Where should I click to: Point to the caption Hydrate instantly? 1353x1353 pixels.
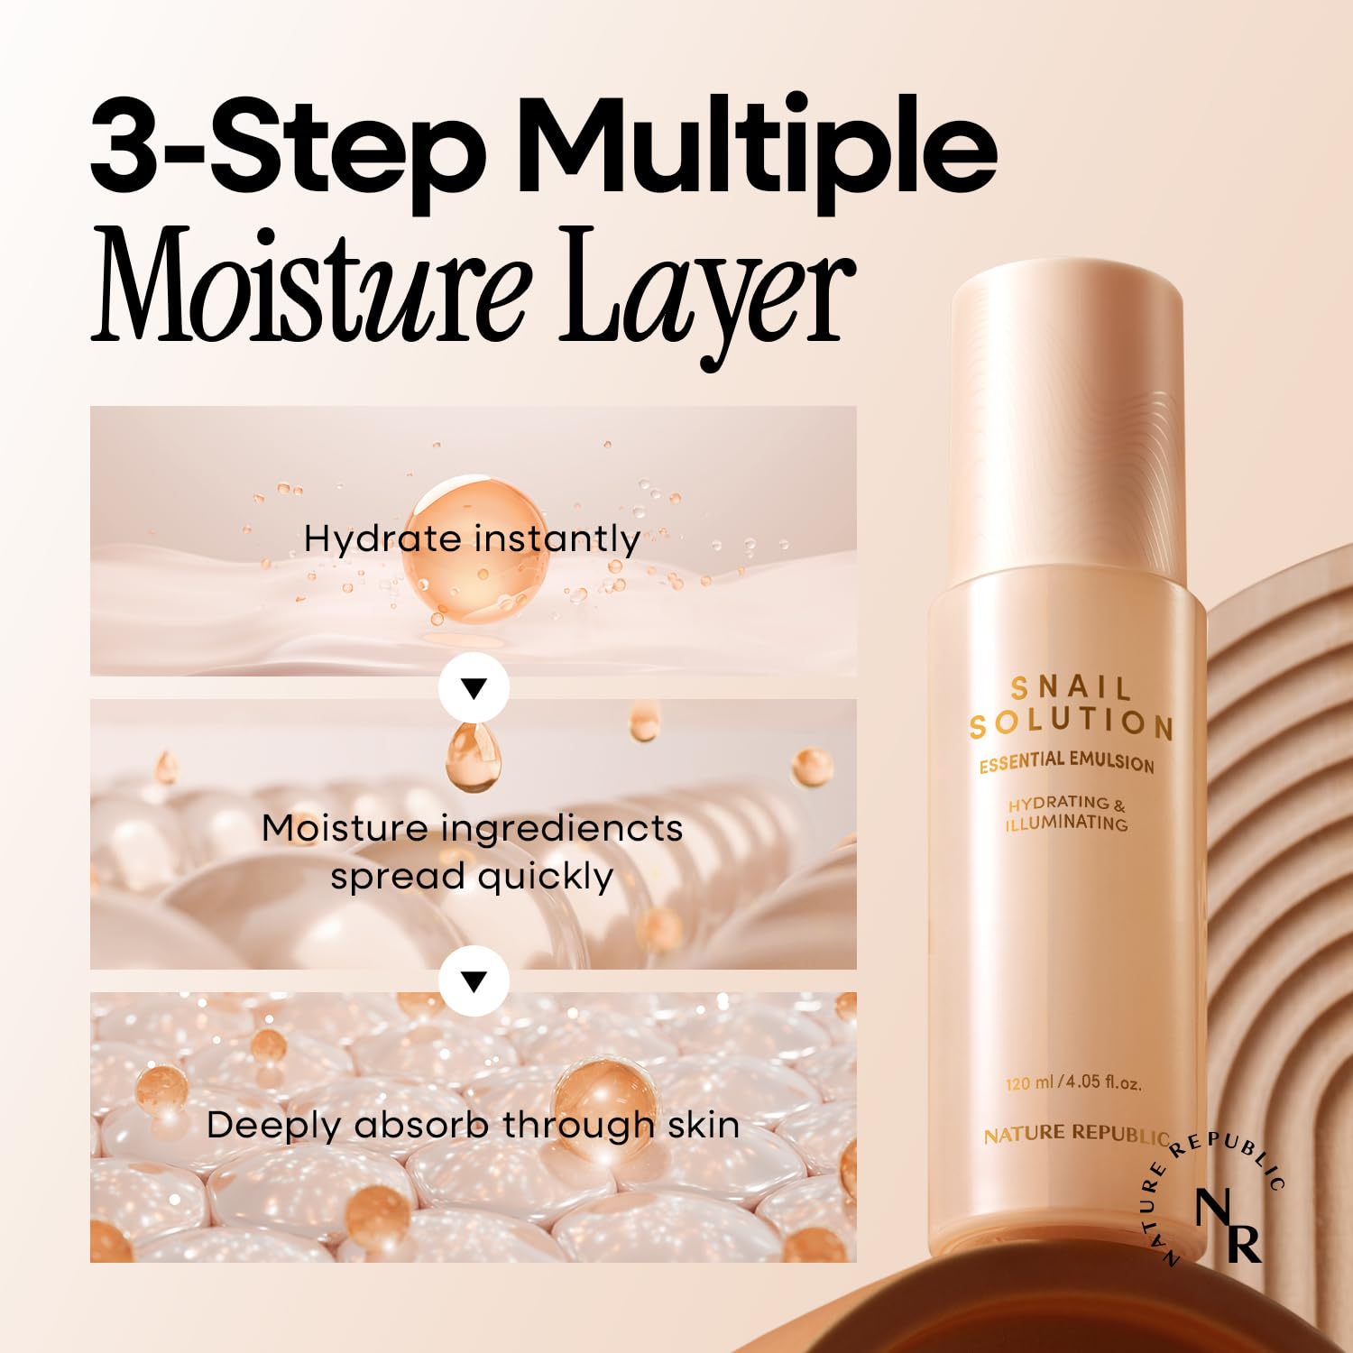click(472, 539)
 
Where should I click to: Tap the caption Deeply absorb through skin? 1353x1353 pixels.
click(473, 1125)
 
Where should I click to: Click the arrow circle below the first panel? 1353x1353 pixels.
click(474, 688)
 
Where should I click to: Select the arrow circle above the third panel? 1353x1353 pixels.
click(474, 980)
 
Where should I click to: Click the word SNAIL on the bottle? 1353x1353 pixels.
click(1071, 688)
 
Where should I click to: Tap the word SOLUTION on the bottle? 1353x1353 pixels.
click(1071, 723)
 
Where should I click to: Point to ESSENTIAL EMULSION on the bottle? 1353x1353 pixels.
click(1066, 762)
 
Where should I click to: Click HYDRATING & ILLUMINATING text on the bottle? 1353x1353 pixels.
click(1067, 813)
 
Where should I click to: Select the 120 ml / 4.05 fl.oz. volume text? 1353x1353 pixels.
click(1072, 1081)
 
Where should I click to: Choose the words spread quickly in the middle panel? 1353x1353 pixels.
click(472, 876)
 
